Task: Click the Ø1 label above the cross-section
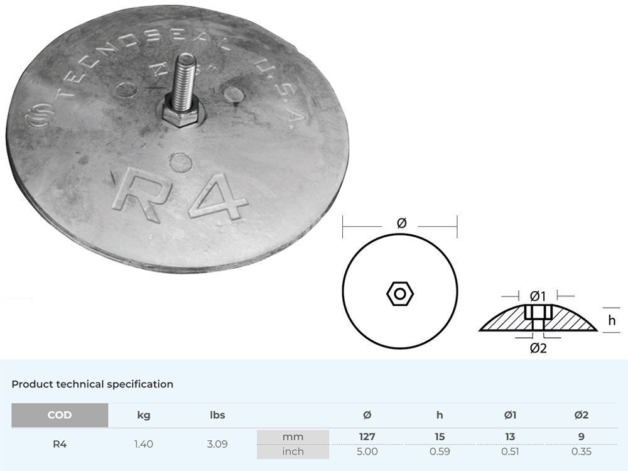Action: [x=538, y=295]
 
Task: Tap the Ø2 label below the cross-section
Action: [x=538, y=347]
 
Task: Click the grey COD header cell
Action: [x=60, y=415]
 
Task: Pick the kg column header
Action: [x=144, y=415]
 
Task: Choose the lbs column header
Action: [x=217, y=415]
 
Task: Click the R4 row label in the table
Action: [x=60, y=444]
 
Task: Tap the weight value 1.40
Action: [x=144, y=444]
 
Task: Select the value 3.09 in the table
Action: [x=217, y=444]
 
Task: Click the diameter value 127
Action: [x=367, y=436]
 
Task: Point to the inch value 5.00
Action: [x=367, y=452]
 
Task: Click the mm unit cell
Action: [x=293, y=436]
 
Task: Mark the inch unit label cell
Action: [x=293, y=452]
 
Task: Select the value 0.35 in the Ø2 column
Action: [x=582, y=452]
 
